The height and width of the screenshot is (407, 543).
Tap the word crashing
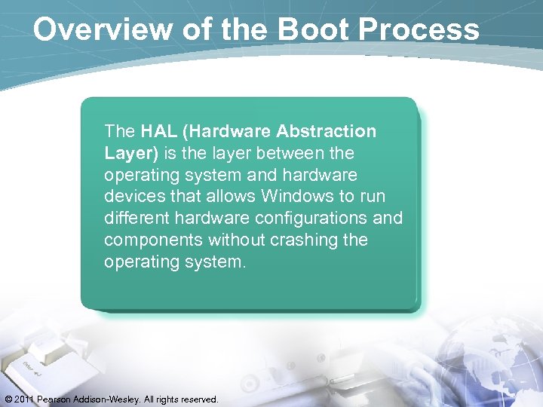pyautogui.click(x=302, y=240)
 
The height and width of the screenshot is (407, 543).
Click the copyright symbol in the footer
pyautogui.click(x=8, y=399)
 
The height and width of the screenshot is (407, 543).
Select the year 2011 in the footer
pyautogui.click(x=26, y=399)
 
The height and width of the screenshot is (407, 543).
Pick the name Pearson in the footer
pyautogui.click(x=57, y=399)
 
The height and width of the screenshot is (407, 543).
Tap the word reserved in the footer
pyautogui.click(x=198, y=399)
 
